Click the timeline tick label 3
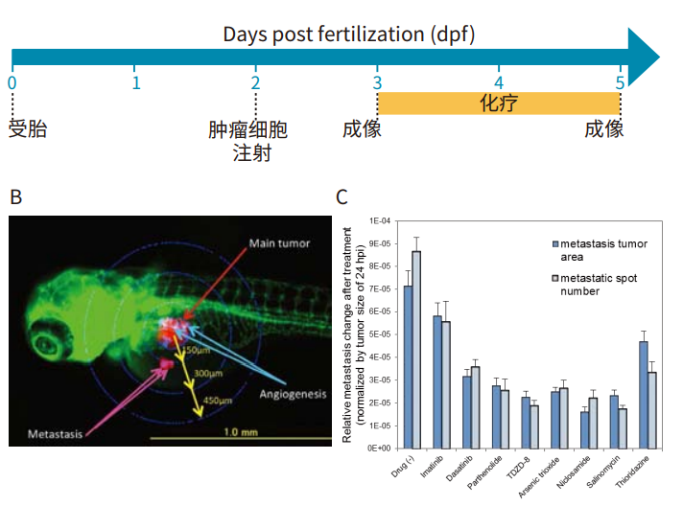tap(377, 81)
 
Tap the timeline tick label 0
tap(12, 81)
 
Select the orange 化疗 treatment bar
tap(499, 103)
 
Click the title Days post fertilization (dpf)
tap(348, 34)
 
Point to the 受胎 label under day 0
tap(28, 129)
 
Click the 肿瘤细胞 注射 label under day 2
tap(247, 141)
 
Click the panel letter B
tap(15, 197)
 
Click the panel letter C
tap(341, 197)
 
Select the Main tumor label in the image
tap(279, 243)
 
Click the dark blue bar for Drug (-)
tap(408, 366)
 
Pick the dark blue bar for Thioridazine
tap(643, 394)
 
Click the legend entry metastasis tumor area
tap(604, 250)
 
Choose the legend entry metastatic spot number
tap(604, 285)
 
